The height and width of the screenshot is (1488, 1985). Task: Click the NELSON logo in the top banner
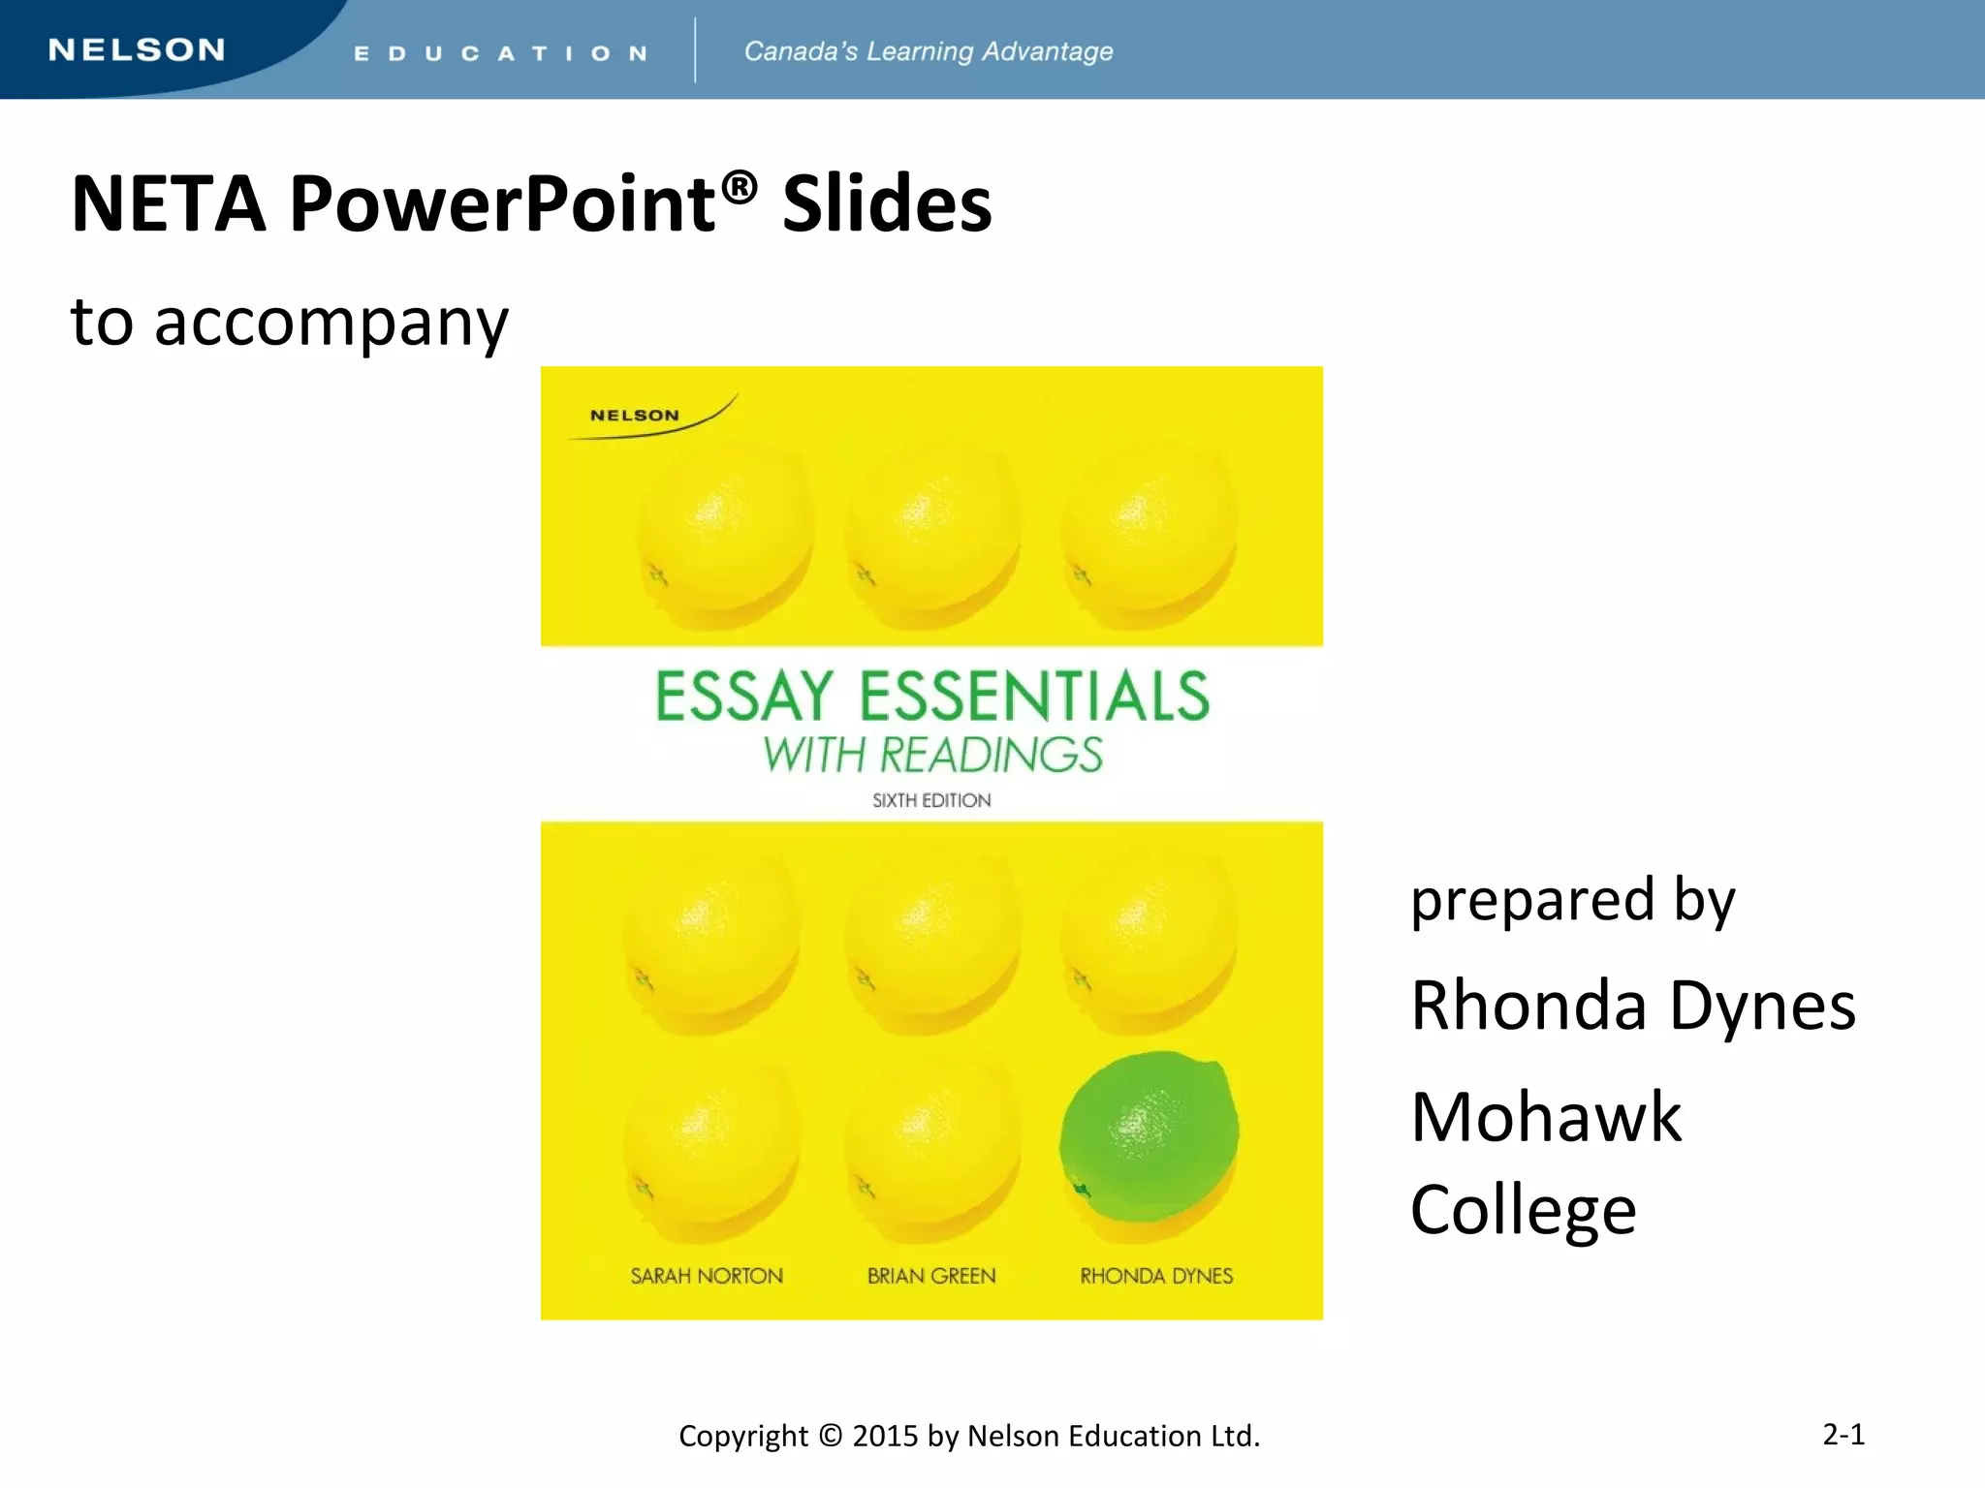pos(137,50)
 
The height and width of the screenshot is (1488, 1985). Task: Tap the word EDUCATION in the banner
pos(500,53)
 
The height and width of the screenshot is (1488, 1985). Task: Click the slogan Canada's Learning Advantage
pos(928,51)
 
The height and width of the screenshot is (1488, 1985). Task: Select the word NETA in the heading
pos(169,204)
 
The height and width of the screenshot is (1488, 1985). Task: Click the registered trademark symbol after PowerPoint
pos(740,186)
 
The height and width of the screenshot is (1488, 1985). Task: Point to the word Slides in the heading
pos(887,204)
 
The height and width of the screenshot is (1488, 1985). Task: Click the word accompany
pos(331,325)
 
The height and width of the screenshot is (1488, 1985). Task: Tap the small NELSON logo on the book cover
pos(635,416)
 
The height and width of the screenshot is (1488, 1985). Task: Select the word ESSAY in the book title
pos(744,697)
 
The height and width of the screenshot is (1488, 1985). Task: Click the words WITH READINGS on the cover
pos(931,756)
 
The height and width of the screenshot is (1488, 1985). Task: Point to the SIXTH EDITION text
pos(931,800)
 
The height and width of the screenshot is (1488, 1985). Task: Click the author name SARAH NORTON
pos(707,1276)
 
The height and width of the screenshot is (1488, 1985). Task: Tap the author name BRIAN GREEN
pos(931,1276)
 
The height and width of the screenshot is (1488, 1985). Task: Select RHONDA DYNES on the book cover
pos(1156,1276)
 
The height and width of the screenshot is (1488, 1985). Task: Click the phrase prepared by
pos(1572,901)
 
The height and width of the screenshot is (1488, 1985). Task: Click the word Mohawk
pos(1546,1118)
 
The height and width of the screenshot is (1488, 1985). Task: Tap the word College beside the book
pos(1524,1211)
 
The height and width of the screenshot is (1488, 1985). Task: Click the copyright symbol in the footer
pos(830,1435)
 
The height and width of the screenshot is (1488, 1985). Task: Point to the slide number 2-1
pos(1843,1434)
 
